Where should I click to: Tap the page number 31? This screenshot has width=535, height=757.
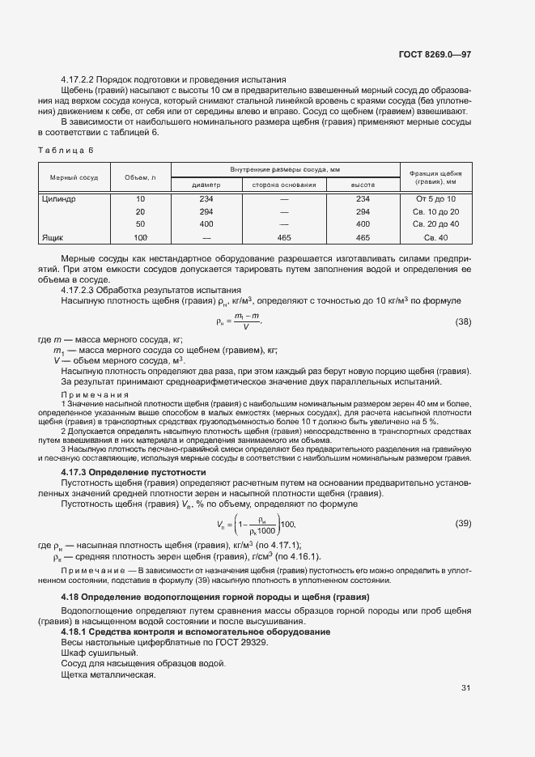[465, 688]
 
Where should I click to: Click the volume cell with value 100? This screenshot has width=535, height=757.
[140, 237]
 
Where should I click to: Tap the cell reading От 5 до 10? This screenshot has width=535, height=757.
[435, 199]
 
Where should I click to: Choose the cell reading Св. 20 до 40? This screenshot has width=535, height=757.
[435, 224]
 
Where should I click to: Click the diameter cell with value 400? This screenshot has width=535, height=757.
[206, 224]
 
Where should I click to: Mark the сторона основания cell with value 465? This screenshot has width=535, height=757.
[284, 237]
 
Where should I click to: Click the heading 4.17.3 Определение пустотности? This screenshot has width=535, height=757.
[134, 472]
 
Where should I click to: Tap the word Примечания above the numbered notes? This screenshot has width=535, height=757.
[96, 394]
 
